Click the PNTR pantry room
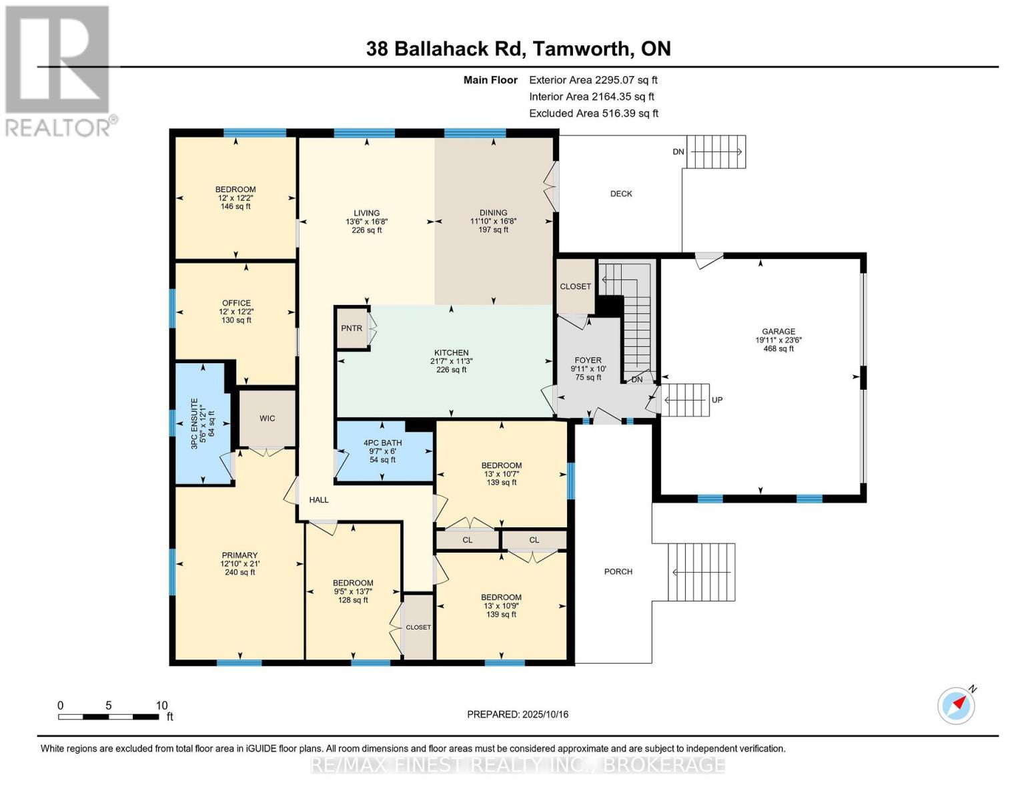click(x=352, y=328)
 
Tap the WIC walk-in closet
click(x=267, y=419)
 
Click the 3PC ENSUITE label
click(x=195, y=424)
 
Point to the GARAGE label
click(x=779, y=331)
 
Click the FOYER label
click(x=588, y=360)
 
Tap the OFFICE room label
click(x=236, y=303)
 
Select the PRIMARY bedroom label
click(x=239, y=555)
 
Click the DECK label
click(x=621, y=194)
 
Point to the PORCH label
click(x=618, y=571)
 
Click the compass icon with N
click(x=956, y=706)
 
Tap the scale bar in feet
click(x=108, y=717)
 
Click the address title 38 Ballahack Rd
click(x=518, y=49)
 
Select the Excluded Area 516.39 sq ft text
click(x=593, y=113)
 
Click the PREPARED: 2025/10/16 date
click(x=517, y=714)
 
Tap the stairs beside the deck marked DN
click(x=716, y=152)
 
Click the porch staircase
click(x=701, y=572)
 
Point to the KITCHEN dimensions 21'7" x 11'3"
click(x=451, y=361)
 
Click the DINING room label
click(x=493, y=213)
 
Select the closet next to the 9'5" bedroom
click(x=418, y=627)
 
